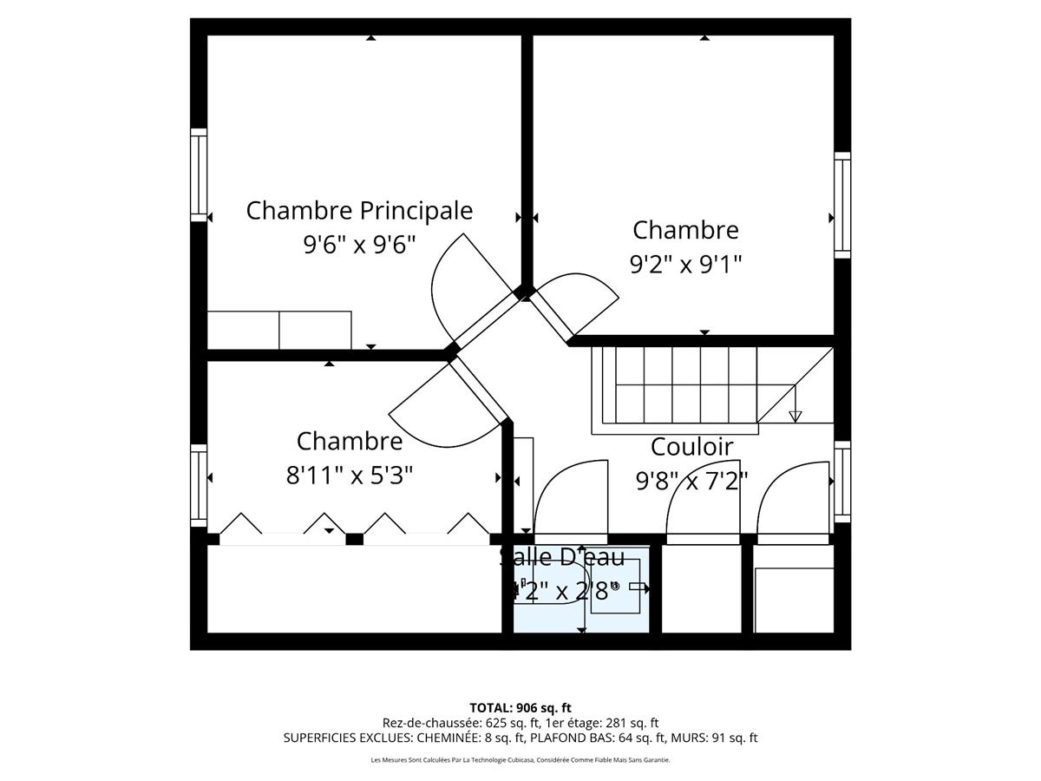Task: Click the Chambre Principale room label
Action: coord(359,211)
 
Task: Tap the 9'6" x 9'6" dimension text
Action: coord(359,245)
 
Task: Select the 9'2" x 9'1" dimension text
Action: coord(686,264)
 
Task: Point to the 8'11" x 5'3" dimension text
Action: coord(350,476)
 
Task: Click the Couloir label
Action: coord(691,447)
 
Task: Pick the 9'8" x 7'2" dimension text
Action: coord(691,481)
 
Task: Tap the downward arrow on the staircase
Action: coord(795,416)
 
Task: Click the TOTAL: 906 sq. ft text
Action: coord(520,707)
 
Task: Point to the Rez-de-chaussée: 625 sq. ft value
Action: coord(461,723)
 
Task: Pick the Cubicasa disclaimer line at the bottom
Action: coord(520,760)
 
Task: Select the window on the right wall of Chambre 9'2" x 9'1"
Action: coord(842,205)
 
